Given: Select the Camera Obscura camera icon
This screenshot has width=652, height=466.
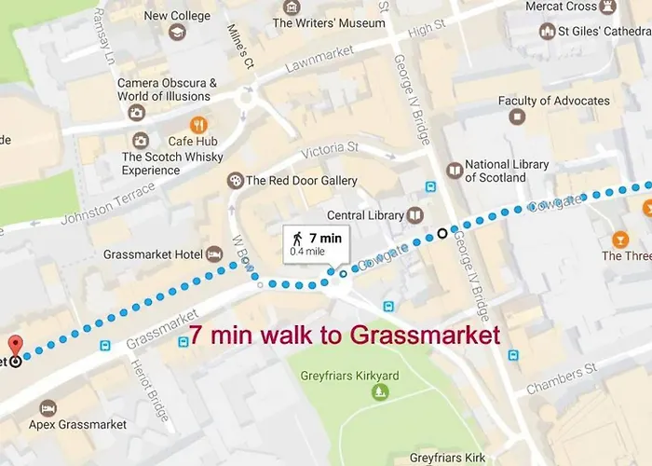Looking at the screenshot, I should click(137, 113).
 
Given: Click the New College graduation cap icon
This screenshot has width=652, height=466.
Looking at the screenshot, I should click(177, 33).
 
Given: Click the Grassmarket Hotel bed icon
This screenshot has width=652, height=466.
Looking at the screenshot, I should click(214, 254).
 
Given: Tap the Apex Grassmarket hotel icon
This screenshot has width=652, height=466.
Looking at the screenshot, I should click(48, 408).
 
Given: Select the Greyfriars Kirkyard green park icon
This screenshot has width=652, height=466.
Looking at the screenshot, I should click(380, 393).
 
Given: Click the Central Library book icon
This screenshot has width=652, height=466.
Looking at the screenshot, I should click(414, 215).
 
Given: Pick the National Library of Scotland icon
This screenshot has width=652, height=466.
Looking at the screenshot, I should click(454, 170).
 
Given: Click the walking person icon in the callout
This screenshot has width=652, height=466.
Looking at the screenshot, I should click(298, 238).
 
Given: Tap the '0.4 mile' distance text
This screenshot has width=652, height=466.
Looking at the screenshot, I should click(308, 252).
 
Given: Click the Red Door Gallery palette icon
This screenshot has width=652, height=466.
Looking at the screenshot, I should click(235, 180).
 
